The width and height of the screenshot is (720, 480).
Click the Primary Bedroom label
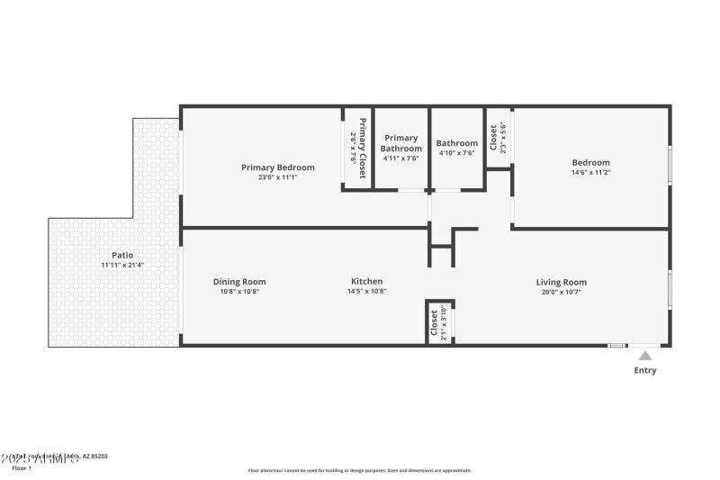click(277, 168)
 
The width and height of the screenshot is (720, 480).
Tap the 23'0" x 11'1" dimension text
click(277, 177)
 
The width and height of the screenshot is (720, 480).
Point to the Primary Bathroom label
click(400, 143)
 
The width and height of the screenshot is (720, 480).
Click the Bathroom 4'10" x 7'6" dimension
click(456, 153)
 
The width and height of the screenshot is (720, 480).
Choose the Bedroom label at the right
click(590, 163)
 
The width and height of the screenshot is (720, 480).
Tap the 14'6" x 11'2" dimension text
click(590, 173)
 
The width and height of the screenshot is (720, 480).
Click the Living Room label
click(562, 282)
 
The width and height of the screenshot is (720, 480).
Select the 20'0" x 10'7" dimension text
click(562, 292)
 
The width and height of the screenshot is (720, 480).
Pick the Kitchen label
click(366, 281)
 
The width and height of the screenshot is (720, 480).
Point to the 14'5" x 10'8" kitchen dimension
click(366, 291)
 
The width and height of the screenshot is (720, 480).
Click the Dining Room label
click(239, 281)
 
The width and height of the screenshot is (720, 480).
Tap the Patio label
click(122, 255)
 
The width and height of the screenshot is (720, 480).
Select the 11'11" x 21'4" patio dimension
click(122, 265)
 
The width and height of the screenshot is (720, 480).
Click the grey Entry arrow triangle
click(645, 356)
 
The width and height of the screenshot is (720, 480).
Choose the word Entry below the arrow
click(645, 370)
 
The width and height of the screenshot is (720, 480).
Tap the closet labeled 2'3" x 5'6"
click(498, 137)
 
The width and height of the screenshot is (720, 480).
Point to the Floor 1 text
click(21, 468)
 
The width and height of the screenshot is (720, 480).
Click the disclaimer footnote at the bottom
click(359, 470)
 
